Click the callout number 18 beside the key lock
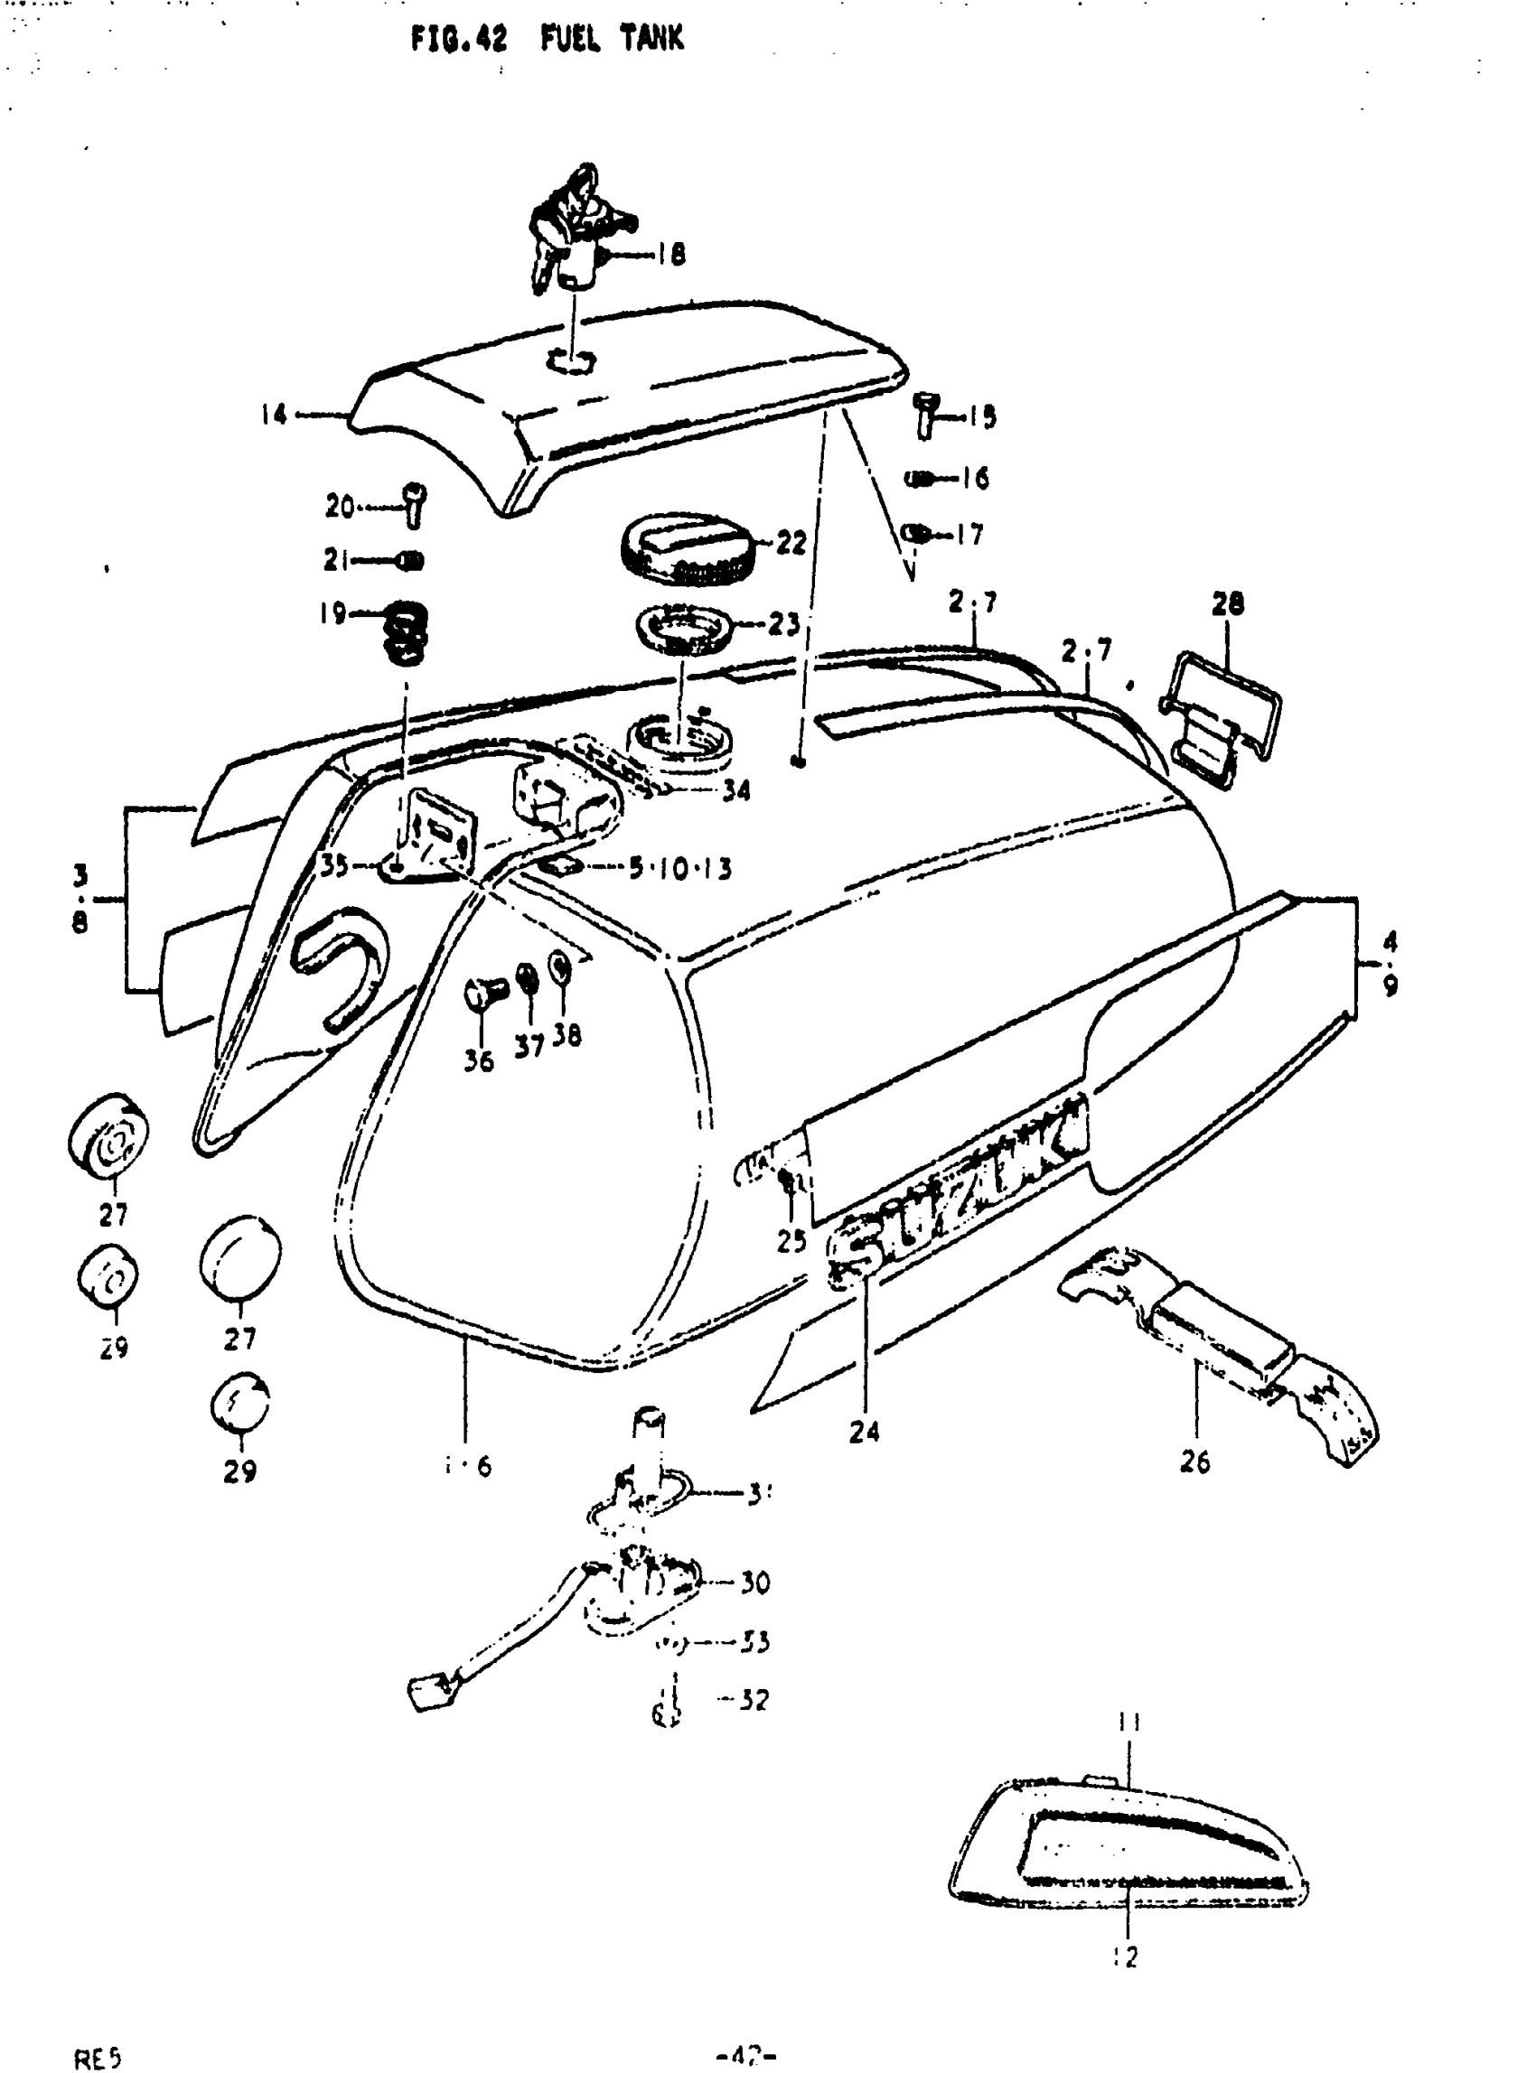point(671,254)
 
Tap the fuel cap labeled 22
point(688,547)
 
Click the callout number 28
point(1226,604)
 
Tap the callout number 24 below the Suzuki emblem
point(864,1432)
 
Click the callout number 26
point(1194,1462)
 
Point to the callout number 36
point(479,1060)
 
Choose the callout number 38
point(567,1034)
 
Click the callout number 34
point(735,791)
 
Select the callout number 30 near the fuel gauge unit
point(755,1583)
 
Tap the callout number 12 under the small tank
point(1125,1956)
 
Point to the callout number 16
point(973,479)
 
